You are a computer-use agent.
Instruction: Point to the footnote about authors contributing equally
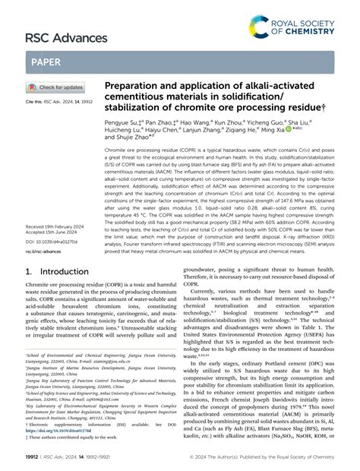[x=76, y=438]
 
